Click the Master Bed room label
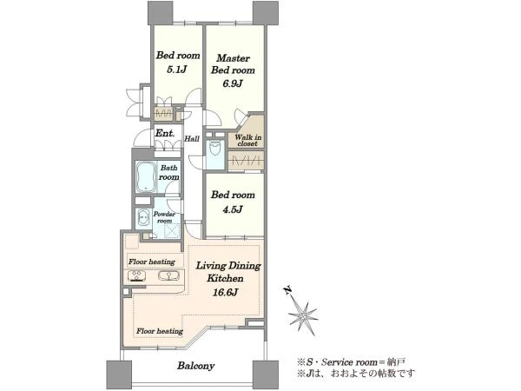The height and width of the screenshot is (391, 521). [233, 64]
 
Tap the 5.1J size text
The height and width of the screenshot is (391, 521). [177, 70]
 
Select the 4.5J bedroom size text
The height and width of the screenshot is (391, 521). [232, 209]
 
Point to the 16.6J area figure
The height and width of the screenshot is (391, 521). [225, 292]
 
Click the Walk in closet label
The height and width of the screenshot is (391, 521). [247, 140]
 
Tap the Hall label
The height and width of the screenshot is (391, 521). [192, 139]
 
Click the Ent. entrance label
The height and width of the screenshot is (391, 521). [165, 133]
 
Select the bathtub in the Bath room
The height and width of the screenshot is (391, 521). [146, 177]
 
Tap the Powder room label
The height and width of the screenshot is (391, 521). [164, 217]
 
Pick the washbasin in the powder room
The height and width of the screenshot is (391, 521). [143, 218]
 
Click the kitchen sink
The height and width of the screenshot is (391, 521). [168, 275]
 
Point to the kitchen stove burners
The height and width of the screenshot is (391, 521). [136, 276]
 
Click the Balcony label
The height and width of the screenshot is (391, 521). [195, 366]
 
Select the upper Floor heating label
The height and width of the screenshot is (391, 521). [152, 262]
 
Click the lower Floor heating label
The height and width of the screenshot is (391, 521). [160, 331]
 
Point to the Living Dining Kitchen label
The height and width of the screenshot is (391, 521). [228, 272]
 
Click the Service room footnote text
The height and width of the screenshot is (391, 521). [351, 362]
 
